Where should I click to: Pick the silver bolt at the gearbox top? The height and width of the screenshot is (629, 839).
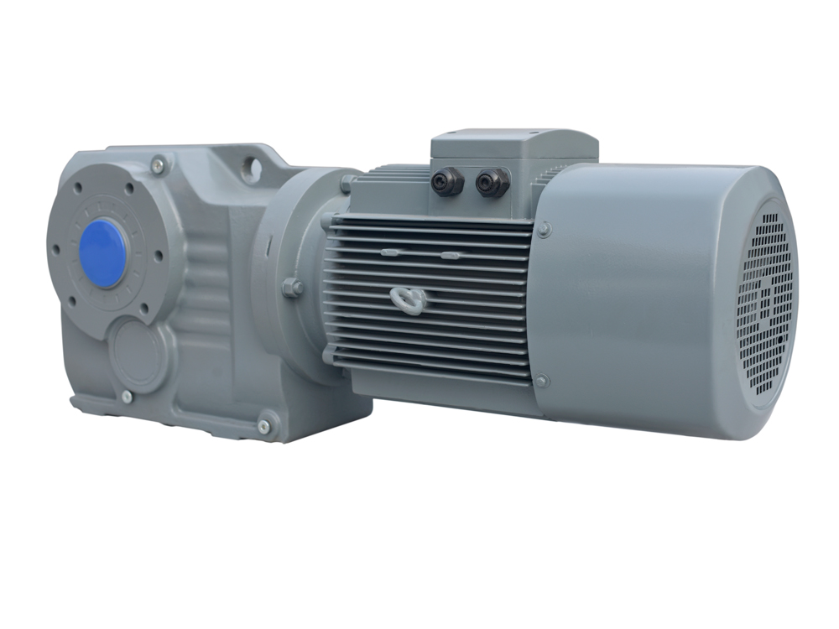(x=158, y=166)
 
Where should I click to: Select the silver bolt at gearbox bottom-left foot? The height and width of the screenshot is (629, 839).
(x=126, y=397)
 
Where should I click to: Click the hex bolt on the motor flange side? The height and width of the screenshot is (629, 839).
(x=292, y=288)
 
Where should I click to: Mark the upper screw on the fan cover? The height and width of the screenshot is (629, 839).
(x=544, y=229)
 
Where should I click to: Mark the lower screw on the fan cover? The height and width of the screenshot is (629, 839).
(x=541, y=381)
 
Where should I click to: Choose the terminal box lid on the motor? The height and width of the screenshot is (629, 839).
(x=513, y=144)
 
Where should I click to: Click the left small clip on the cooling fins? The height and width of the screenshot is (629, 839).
(x=388, y=252)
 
